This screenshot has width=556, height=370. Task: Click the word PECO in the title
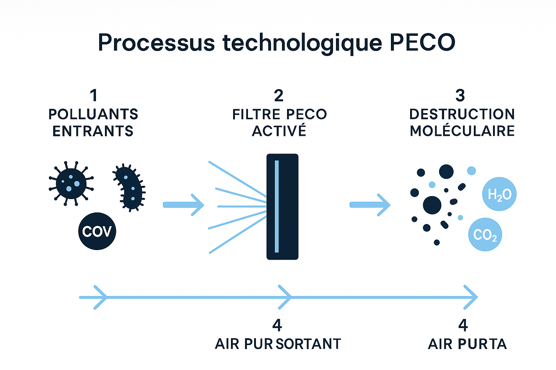[422, 42]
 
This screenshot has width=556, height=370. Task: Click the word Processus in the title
[156, 42]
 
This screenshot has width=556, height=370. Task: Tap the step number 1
[94, 95]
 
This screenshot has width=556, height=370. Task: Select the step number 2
[279, 95]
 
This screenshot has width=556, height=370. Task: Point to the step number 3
[460, 95]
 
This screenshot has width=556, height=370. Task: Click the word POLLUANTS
[93, 114]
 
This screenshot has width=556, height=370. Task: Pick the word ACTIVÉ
[279, 130]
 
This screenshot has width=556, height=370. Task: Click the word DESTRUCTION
[462, 114]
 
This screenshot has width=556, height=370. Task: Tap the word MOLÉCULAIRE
[462, 130]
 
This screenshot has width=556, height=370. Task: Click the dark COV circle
[97, 231]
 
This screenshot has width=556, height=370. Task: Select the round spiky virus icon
[71, 184]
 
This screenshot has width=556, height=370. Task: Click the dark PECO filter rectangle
[282, 207]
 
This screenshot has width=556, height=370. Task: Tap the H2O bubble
[499, 194]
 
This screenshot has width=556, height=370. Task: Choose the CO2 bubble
[485, 235]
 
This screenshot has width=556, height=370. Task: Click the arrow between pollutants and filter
[184, 205]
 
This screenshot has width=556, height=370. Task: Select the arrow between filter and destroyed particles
[370, 205]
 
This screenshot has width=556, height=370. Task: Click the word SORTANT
[308, 344]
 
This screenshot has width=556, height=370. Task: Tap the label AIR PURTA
[467, 344]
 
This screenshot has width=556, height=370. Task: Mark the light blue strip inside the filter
[277, 206]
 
